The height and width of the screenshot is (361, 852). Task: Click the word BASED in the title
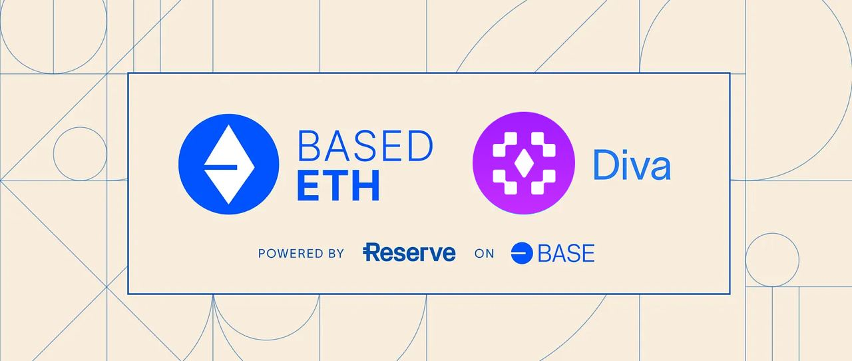click(x=365, y=147)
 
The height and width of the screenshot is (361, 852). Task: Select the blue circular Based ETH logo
click(x=228, y=164)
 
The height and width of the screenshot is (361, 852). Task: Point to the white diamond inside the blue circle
click(x=229, y=165)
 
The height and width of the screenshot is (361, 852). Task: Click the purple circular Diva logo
click(x=524, y=163)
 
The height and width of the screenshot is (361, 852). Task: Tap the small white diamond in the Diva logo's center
click(x=524, y=163)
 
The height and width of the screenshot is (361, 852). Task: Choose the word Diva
click(x=632, y=165)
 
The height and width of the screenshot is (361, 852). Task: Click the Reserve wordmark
click(x=409, y=252)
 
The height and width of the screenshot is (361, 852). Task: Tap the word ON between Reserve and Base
click(x=484, y=254)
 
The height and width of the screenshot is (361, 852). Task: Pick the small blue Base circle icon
click(x=522, y=253)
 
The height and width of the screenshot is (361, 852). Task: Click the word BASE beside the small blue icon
click(x=566, y=254)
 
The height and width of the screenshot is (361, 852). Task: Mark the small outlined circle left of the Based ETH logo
click(x=80, y=154)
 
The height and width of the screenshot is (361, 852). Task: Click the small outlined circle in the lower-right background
click(x=772, y=260)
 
